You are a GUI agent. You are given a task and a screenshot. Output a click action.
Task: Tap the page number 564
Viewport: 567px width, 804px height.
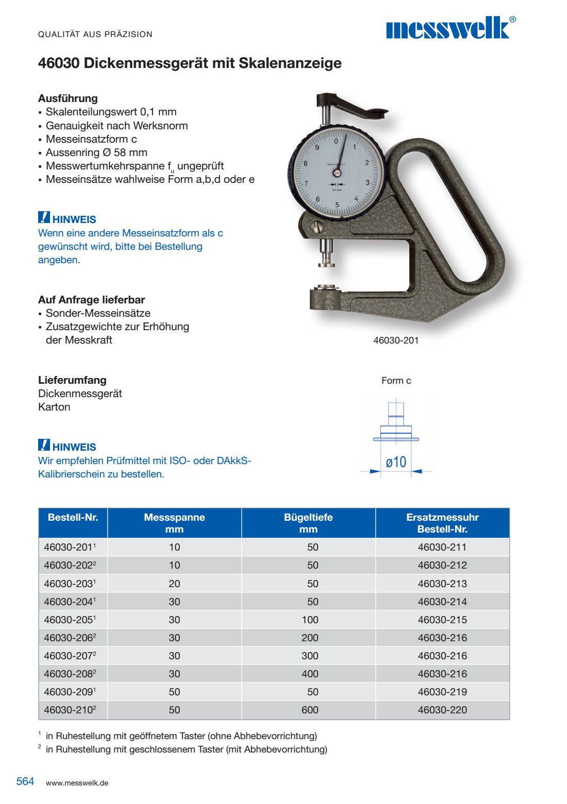[25, 781]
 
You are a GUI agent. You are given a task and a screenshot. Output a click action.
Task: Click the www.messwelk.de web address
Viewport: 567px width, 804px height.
[77, 783]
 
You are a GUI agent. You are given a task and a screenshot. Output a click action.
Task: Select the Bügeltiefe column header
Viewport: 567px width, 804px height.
[308, 523]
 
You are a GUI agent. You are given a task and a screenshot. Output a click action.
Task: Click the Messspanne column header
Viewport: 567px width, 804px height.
[174, 523]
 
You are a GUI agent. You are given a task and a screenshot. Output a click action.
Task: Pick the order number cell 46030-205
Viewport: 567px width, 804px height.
[70, 620]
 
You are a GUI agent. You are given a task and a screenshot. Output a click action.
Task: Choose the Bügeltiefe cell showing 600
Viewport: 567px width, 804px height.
[310, 710]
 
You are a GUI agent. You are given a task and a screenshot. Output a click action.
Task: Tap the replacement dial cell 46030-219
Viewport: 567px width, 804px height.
[442, 692]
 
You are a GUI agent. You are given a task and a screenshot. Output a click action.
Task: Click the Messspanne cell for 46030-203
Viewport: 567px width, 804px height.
[174, 584]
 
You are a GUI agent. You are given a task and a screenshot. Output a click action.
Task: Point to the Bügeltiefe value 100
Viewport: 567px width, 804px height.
[310, 620]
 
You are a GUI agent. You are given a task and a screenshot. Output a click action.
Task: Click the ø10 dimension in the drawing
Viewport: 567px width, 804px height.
[396, 462]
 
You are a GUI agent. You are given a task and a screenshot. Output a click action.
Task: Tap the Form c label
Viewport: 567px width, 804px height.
[396, 381]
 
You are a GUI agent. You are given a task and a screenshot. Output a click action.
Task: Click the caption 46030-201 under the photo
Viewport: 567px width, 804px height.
[396, 340]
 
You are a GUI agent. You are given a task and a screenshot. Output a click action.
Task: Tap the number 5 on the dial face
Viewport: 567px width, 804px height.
[337, 204]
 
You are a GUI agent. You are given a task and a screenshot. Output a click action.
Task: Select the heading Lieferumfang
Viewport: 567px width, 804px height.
[72, 380]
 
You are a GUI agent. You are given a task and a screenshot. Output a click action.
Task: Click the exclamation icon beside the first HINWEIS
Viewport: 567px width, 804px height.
[44, 217]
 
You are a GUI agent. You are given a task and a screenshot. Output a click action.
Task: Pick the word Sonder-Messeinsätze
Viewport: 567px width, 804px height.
[98, 313]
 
